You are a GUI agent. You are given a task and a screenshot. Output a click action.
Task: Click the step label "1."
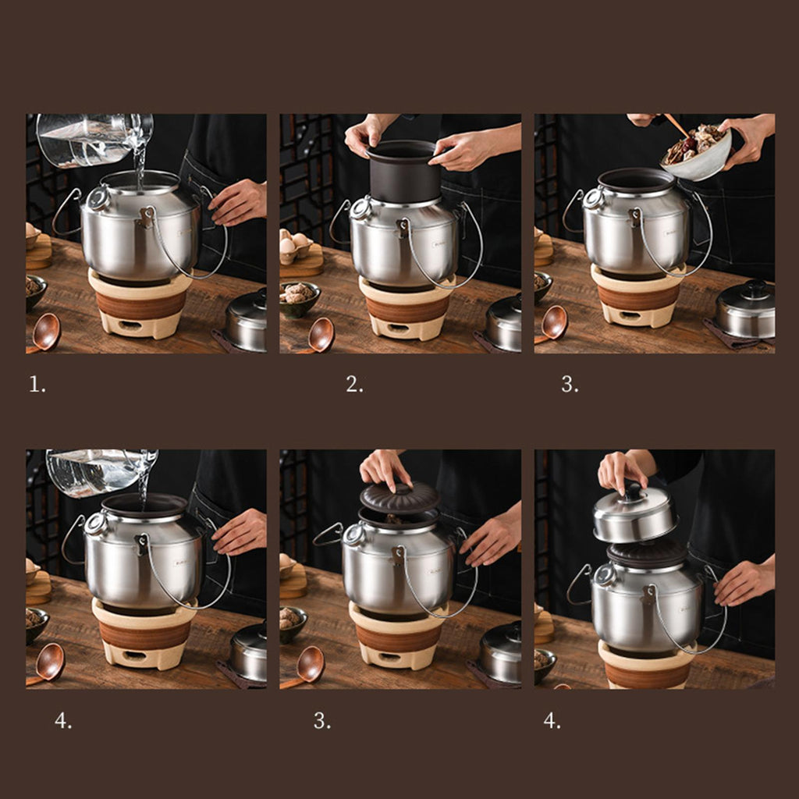pyautogui.click(x=37, y=384)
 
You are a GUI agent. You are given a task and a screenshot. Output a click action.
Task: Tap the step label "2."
pyautogui.click(x=355, y=384)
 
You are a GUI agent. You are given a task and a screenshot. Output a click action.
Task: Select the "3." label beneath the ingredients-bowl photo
pyautogui.click(x=570, y=384)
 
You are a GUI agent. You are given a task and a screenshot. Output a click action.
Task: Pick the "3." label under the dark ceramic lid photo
pyautogui.click(x=322, y=720)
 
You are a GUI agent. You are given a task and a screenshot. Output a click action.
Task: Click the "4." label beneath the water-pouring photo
pyautogui.click(x=63, y=720)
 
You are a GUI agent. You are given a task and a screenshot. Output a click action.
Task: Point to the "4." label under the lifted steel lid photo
pyautogui.click(x=552, y=720)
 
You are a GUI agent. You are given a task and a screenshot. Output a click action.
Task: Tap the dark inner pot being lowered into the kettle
pyautogui.click(x=403, y=172)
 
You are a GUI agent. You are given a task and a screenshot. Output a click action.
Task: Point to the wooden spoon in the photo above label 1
pyautogui.click(x=44, y=333)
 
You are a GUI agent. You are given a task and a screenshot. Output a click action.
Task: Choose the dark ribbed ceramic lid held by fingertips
pyautogui.click(x=399, y=497)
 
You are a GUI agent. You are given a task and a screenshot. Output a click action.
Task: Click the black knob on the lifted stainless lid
pyautogui.click(x=634, y=492)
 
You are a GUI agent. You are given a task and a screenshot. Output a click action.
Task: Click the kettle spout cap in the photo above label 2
pyautogui.click(x=361, y=208)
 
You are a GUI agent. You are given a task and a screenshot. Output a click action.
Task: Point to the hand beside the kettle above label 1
pyautogui.click(x=238, y=202)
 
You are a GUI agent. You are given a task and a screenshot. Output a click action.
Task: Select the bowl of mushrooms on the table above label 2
pyautogui.click(x=299, y=299)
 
